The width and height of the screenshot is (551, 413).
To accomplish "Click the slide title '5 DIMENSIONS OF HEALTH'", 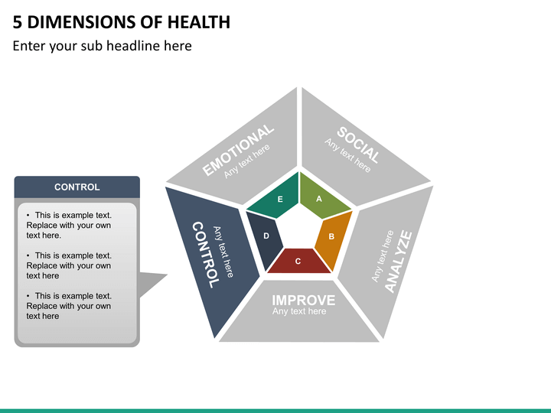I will (x=122, y=22).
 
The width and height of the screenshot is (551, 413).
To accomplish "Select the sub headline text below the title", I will (x=102, y=46).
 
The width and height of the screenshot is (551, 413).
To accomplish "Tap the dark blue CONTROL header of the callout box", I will (x=77, y=187).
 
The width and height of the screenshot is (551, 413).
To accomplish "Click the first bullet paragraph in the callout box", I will (x=69, y=226).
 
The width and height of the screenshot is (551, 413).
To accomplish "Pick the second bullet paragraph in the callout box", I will (x=69, y=265).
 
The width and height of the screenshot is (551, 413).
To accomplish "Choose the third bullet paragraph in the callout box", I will (x=69, y=306).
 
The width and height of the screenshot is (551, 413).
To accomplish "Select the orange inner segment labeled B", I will (x=333, y=236).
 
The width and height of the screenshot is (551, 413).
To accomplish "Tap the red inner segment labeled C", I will (x=298, y=261).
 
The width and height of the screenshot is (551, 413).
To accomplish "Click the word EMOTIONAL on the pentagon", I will (x=237, y=150).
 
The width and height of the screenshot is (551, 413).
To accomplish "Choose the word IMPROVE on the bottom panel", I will (x=303, y=299).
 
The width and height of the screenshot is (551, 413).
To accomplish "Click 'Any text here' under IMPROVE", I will (x=299, y=311).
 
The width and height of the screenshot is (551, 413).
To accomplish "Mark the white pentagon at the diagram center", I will (x=298, y=229).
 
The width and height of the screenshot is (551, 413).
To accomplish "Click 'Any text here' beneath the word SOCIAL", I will (x=347, y=155).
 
